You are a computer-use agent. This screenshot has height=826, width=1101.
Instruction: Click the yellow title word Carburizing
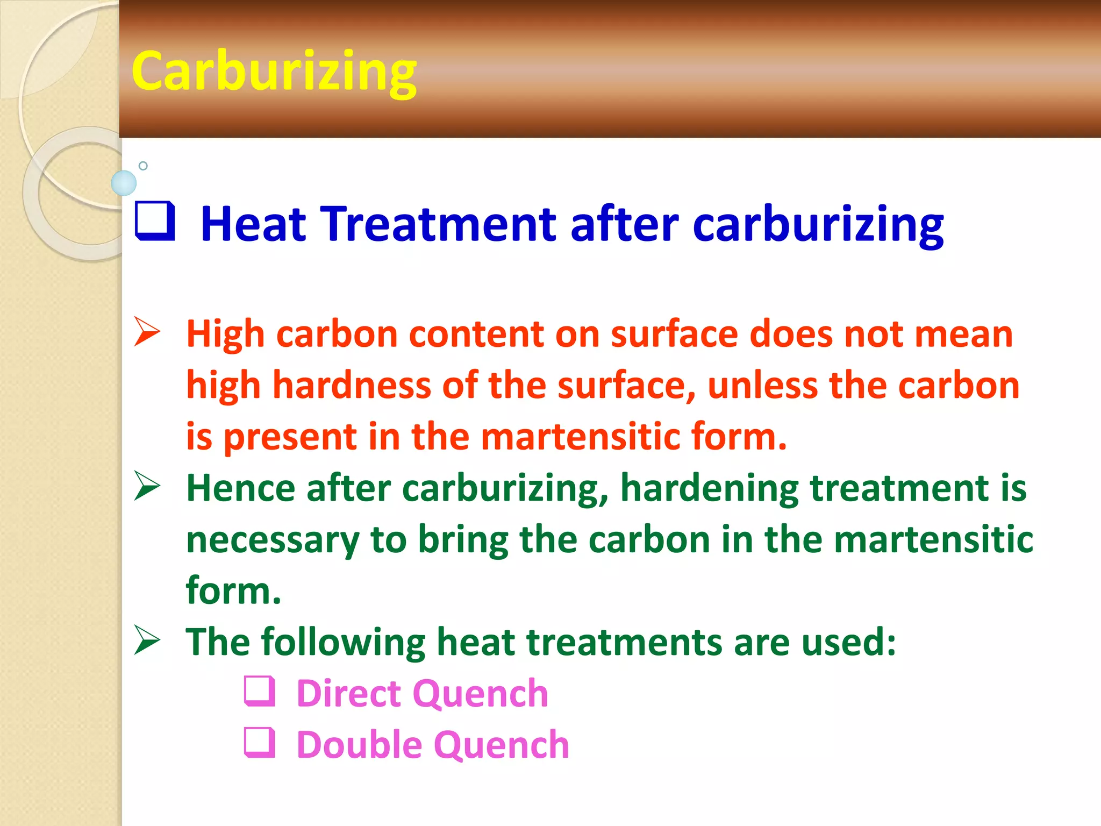tap(274, 72)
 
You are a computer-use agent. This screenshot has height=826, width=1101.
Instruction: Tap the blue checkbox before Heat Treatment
tap(155, 220)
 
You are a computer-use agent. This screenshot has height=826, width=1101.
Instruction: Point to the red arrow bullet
tap(147, 332)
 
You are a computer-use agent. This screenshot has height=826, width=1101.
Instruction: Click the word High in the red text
tap(225, 334)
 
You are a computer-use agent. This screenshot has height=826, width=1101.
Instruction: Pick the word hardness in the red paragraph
tap(352, 386)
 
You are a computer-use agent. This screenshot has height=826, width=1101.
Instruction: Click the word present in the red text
tap(290, 436)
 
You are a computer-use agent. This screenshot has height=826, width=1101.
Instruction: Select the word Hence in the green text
tap(240, 488)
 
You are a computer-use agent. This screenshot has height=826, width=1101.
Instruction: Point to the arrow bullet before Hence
tap(147, 486)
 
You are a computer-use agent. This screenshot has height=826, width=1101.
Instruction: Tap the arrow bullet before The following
tap(147, 640)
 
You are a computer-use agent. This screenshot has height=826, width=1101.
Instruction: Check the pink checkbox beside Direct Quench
tap(260, 691)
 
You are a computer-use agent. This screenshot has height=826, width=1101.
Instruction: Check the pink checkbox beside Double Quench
tap(260, 743)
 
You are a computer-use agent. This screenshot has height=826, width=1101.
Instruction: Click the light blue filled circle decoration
tap(124, 183)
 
